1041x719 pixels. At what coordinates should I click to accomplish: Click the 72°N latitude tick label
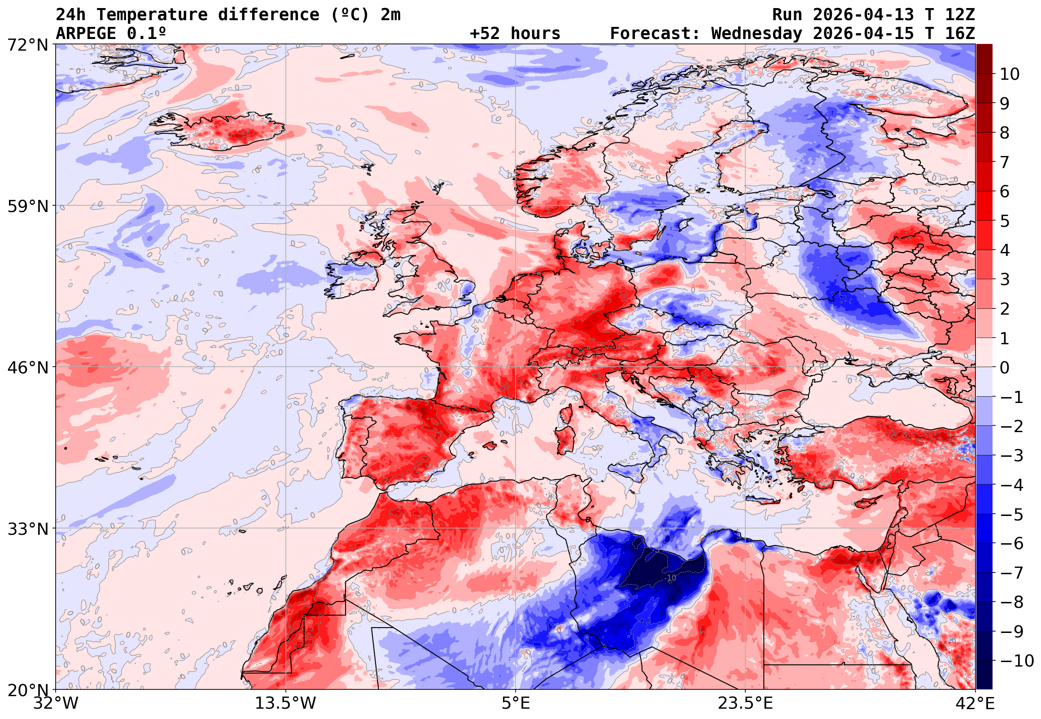(27, 46)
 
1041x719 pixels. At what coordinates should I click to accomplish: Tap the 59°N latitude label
(27, 207)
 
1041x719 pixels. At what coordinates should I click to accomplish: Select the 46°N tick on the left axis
(27, 368)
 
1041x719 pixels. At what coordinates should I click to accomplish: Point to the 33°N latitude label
(27, 529)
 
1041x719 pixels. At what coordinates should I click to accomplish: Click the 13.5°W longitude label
(286, 703)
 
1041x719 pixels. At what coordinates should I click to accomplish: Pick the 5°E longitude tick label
(516, 703)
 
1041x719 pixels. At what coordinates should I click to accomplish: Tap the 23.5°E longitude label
(745, 703)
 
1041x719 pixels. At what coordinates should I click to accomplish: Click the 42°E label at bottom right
(975, 703)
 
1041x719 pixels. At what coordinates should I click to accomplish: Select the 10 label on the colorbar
(1010, 74)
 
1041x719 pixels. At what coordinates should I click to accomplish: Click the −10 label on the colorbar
(1016, 661)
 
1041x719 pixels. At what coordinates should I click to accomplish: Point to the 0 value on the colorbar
(1005, 368)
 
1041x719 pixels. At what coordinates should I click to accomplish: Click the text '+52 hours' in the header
(515, 34)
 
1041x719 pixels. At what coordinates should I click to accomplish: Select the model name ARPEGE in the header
(86, 34)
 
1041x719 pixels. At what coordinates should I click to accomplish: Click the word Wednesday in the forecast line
(757, 34)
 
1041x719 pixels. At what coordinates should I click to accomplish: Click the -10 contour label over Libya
(671, 578)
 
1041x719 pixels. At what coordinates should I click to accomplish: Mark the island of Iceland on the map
(221, 130)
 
